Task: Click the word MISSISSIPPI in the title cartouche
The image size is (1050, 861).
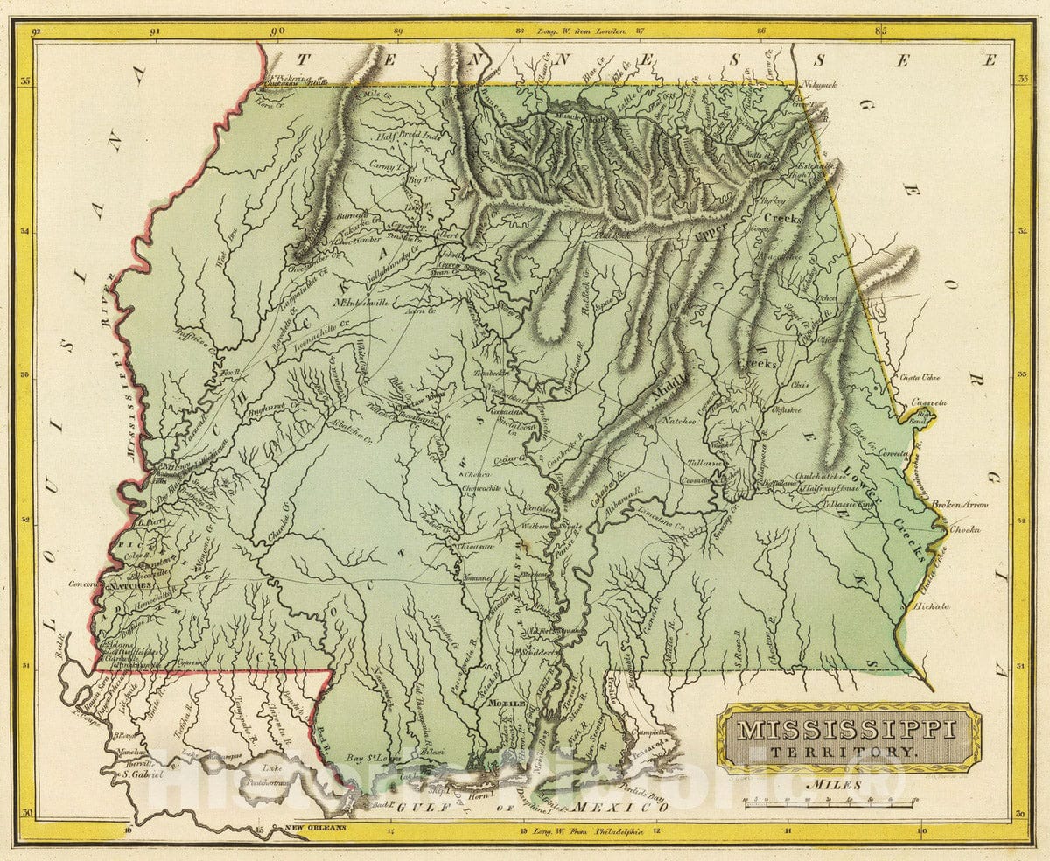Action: [846, 729]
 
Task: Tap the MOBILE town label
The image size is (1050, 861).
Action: [507, 703]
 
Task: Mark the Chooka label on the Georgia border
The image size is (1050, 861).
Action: [964, 529]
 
